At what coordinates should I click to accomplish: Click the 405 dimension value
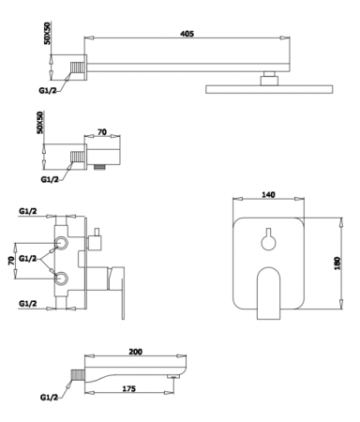187,33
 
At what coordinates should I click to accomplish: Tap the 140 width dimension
268,194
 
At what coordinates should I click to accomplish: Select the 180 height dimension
337,264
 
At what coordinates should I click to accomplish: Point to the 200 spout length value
136,352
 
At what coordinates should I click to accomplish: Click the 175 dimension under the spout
128,388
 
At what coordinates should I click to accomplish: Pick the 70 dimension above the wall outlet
102,132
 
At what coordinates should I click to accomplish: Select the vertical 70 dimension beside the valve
11,260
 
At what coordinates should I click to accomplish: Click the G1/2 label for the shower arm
48,91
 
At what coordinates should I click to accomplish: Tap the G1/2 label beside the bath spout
49,398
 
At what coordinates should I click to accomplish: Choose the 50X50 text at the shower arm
47,33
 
